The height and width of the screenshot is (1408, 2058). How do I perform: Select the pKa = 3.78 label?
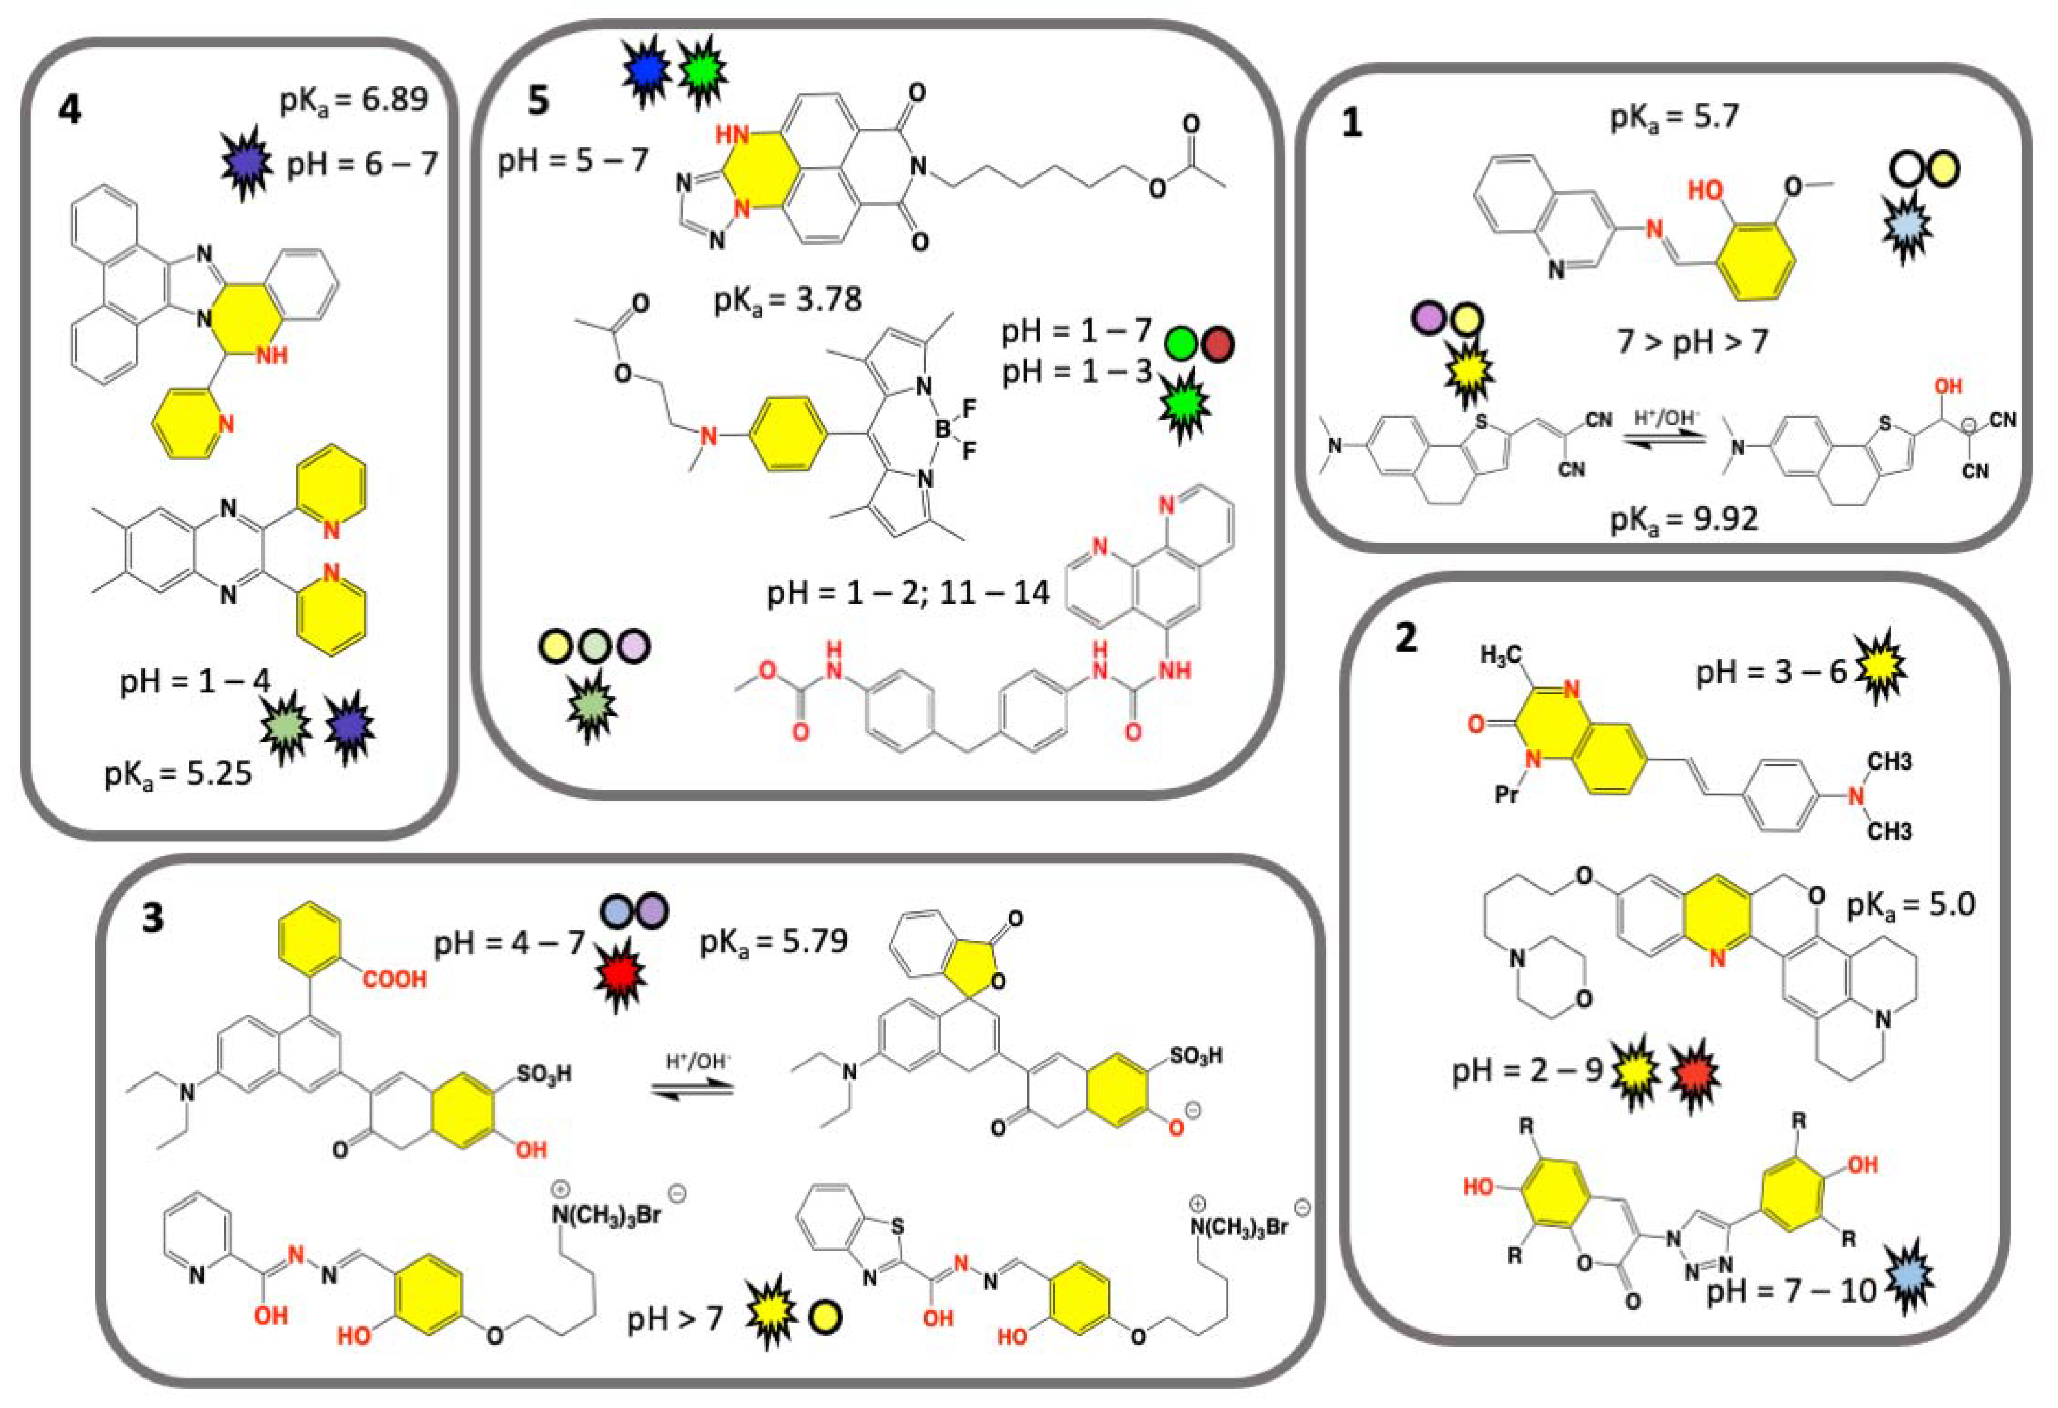(787, 301)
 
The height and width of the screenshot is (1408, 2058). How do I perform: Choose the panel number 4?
(69, 110)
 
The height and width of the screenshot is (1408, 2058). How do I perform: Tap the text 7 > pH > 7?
(1692, 341)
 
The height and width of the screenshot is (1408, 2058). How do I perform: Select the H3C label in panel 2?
(1502, 655)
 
